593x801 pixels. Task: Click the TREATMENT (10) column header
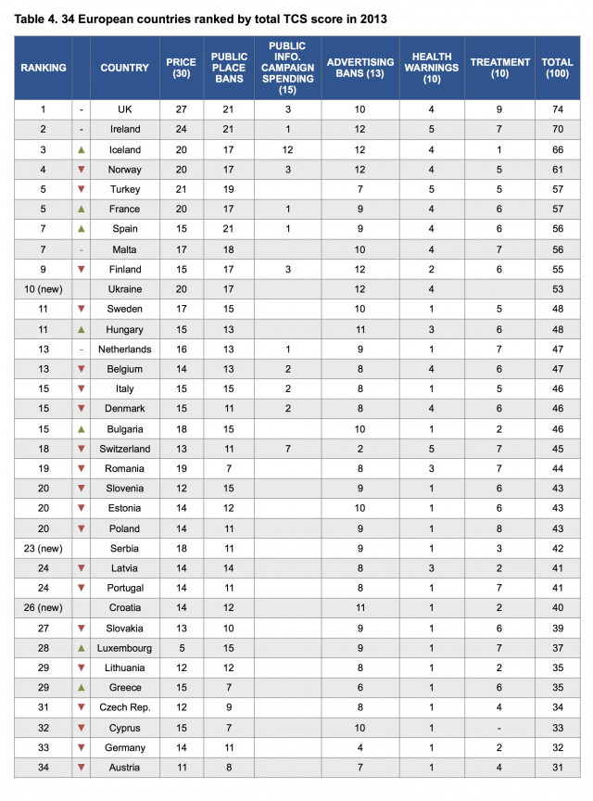click(500, 68)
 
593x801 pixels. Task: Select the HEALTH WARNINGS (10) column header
click(431, 68)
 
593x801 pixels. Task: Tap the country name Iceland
click(125, 149)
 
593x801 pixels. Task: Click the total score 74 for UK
click(557, 109)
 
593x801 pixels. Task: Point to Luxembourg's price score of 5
click(181, 647)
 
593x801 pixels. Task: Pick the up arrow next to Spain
click(81, 229)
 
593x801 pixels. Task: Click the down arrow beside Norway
click(81, 170)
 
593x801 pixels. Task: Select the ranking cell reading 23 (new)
click(42, 548)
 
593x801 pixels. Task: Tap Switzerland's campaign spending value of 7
click(288, 448)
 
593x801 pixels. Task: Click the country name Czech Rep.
click(125, 707)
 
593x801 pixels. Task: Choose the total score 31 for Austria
click(557, 767)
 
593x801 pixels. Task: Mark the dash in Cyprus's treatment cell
click(500, 727)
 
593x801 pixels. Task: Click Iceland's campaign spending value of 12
click(288, 149)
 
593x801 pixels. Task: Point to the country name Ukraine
click(125, 289)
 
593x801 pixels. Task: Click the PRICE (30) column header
click(181, 68)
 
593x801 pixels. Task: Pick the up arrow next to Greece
click(81, 687)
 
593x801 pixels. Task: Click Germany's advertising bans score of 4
click(360, 747)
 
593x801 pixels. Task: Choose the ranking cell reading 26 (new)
click(42, 607)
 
